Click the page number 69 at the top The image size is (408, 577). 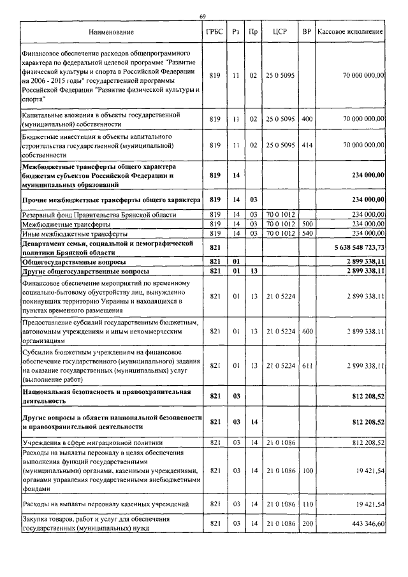click(x=202, y=16)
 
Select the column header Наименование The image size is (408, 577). click(x=112, y=31)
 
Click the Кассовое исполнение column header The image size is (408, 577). click(x=350, y=31)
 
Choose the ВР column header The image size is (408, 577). click(x=307, y=31)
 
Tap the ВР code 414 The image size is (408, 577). click(x=307, y=145)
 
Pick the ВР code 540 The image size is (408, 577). click(x=307, y=233)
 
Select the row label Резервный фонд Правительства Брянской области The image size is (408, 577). click(x=99, y=215)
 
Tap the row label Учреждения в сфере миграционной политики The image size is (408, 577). click(x=92, y=442)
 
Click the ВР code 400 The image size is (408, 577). click(x=307, y=119)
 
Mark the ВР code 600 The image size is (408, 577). click(x=307, y=332)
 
